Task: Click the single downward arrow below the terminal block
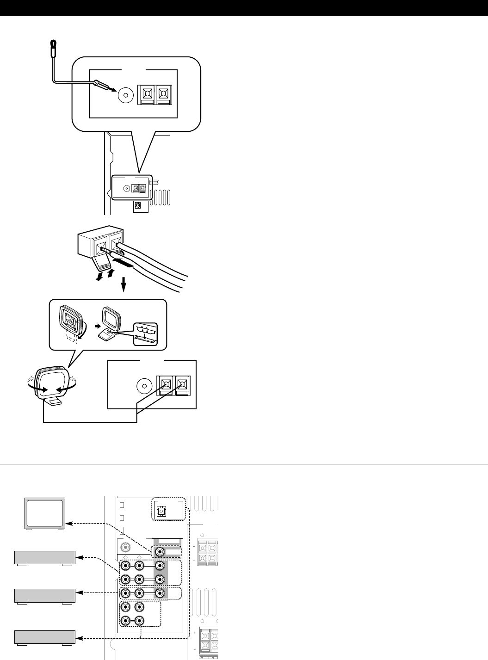pyautogui.click(x=124, y=286)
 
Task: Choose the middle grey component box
pyautogui.click(x=45, y=596)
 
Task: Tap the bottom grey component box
pyautogui.click(x=45, y=637)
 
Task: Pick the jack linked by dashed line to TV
pyautogui.click(x=160, y=552)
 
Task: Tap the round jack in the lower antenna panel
pyautogui.click(x=143, y=385)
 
